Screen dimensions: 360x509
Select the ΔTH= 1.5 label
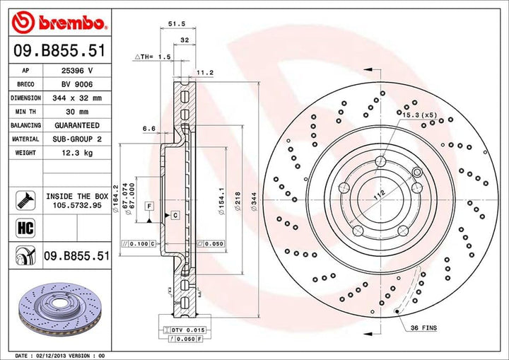(x=153, y=56)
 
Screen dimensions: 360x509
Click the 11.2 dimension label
(x=204, y=72)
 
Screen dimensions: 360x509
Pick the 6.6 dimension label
(x=148, y=128)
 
